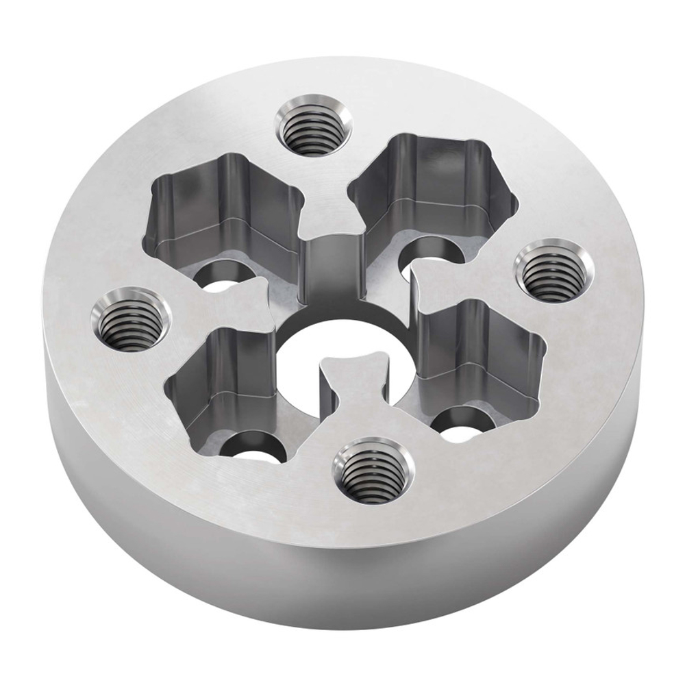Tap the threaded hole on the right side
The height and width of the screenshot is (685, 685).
(552, 272)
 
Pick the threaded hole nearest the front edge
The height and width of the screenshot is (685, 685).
(373, 471)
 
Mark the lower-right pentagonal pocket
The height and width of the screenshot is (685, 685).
(480, 356)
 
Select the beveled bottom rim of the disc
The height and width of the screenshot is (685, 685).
(342, 621)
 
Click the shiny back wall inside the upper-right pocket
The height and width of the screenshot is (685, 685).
(438, 164)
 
